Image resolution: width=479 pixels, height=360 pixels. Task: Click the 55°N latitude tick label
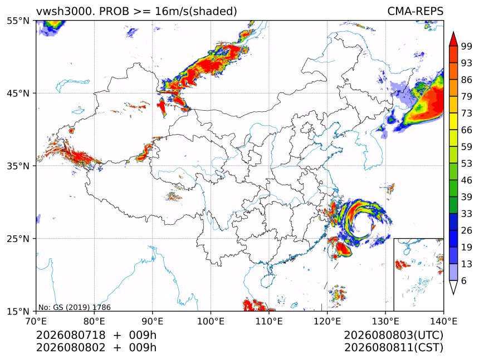pos(18,21)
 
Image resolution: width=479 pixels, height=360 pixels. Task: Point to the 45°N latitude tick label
pos(18,93)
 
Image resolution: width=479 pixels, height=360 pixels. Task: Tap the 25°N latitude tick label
pos(18,238)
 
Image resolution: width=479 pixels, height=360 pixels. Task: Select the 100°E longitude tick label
pos(211,321)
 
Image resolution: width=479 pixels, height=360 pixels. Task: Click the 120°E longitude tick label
pos(327,321)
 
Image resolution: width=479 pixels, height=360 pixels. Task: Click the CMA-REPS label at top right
pos(415,11)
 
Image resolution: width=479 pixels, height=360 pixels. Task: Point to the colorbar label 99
pos(467,46)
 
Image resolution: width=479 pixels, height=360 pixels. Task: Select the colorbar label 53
pos(467,164)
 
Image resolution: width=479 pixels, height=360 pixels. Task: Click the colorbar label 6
pos(464,280)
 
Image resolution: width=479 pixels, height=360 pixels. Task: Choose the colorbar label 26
pos(467,230)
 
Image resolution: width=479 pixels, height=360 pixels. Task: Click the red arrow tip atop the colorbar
pos(453,32)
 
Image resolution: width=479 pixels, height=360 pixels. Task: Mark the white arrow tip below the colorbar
pos(453,294)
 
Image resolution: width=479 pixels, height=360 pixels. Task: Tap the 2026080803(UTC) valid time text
pos(393,335)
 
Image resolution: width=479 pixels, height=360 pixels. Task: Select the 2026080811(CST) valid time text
pos(393,348)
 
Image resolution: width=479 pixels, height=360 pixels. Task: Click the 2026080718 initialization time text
pos(71,335)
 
